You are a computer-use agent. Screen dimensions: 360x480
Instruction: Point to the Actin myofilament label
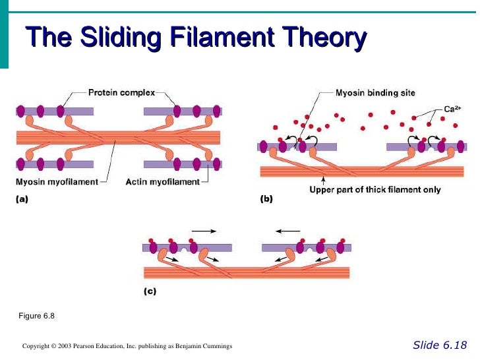pyautogui.click(x=163, y=181)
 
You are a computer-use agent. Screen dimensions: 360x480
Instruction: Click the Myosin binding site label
pyautogui.click(x=375, y=93)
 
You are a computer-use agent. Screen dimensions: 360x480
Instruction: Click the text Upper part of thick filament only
pyautogui.click(x=375, y=190)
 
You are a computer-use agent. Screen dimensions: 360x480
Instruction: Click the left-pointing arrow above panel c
pyautogui.click(x=288, y=231)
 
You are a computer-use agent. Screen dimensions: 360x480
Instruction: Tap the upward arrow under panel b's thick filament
pyautogui.click(x=322, y=181)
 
